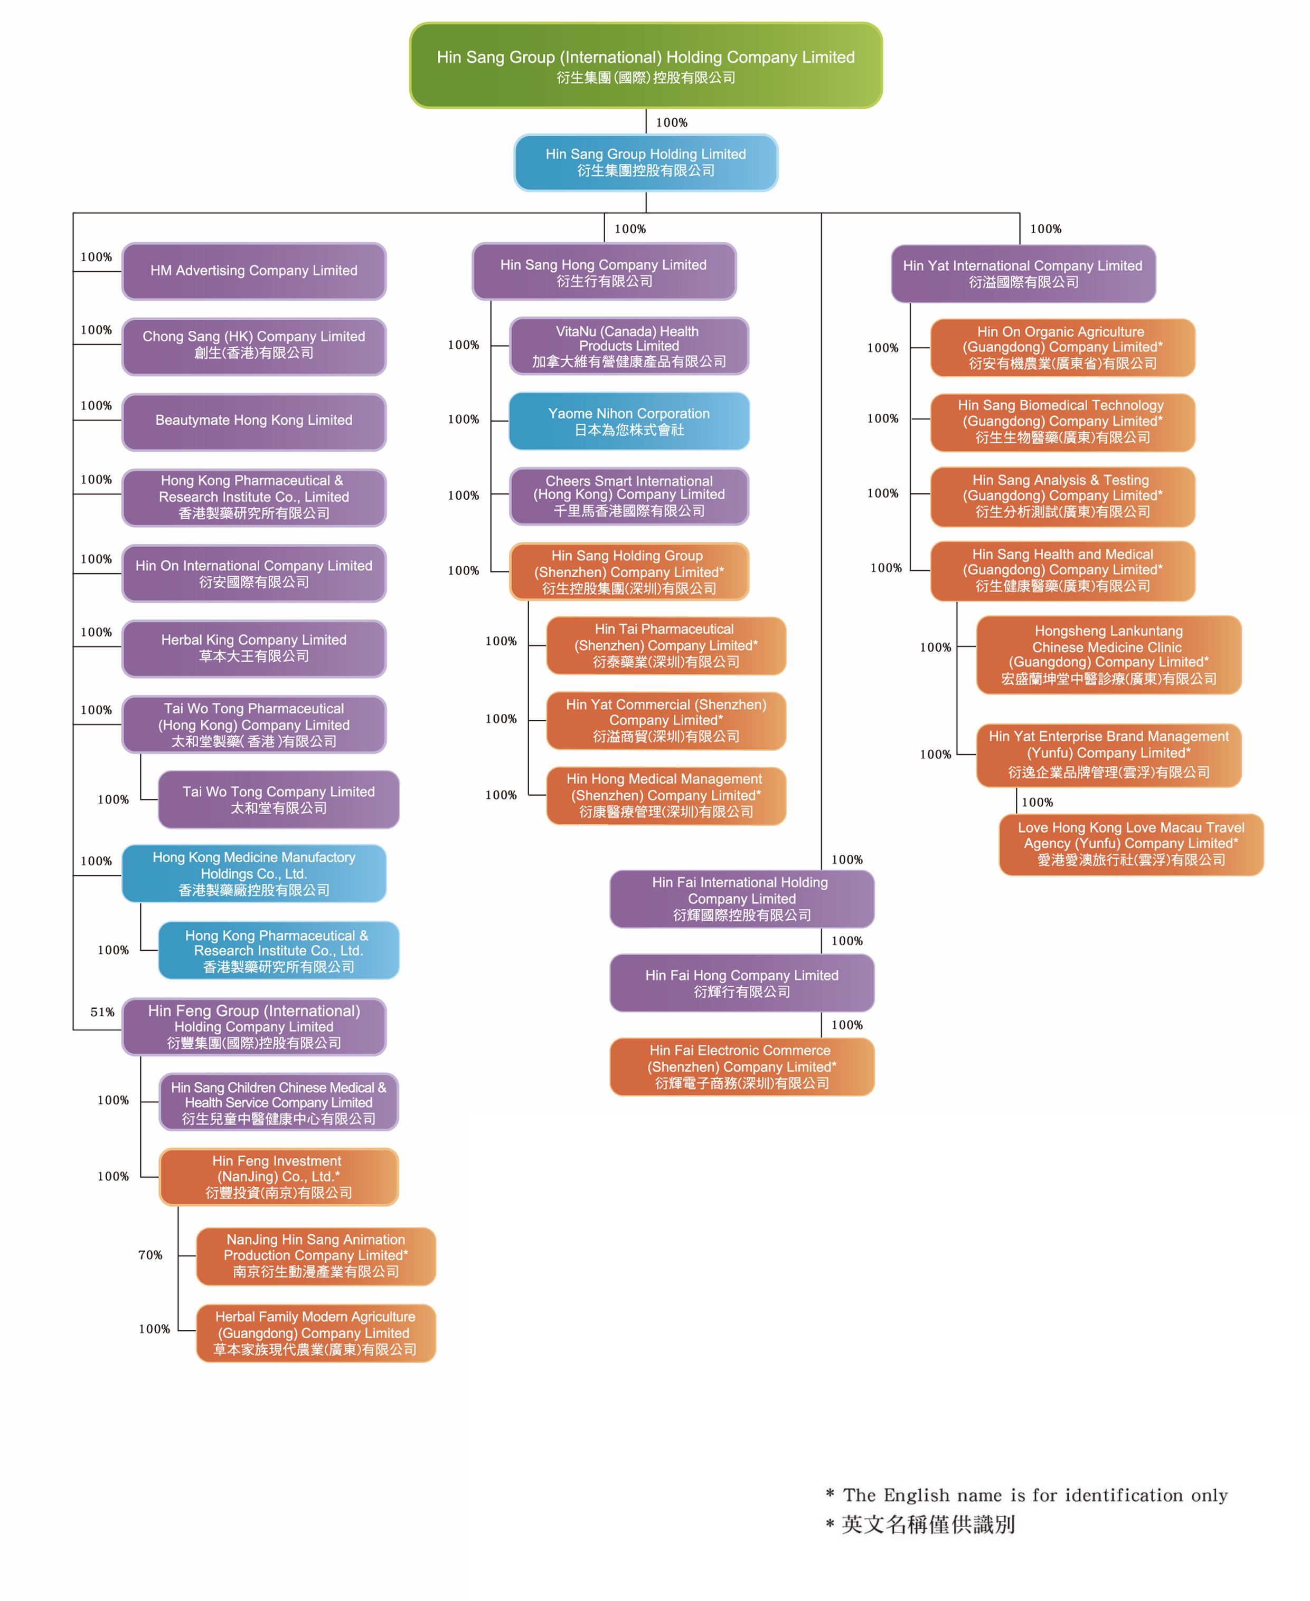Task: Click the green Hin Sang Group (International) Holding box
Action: (x=646, y=65)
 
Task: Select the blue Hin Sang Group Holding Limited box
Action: (x=646, y=162)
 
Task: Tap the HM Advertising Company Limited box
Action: (x=255, y=271)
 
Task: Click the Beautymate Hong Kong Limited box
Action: (x=255, y=421)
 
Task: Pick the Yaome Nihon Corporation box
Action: (x=629, y=421)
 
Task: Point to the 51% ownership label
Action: (x=102, y=1012)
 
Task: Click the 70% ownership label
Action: (x=150, y=1255)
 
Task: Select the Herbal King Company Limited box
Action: (x=255, y=649)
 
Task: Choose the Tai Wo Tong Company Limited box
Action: (x=278, y=799)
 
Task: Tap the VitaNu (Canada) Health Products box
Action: (x=629, y=346)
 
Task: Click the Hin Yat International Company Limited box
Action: (x=1023, y=274)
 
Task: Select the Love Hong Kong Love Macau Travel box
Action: (x=1131, y=845)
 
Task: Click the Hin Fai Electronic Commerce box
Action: (x=742, y=1066)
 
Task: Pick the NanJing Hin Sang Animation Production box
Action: (x=316, y=1256)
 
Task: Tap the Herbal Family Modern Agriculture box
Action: (x=316, y=1333)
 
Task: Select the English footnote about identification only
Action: (x=1027, y=1494)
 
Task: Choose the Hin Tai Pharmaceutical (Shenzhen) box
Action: (x=666, y=645)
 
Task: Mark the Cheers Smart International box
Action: (x=629, y=496)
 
